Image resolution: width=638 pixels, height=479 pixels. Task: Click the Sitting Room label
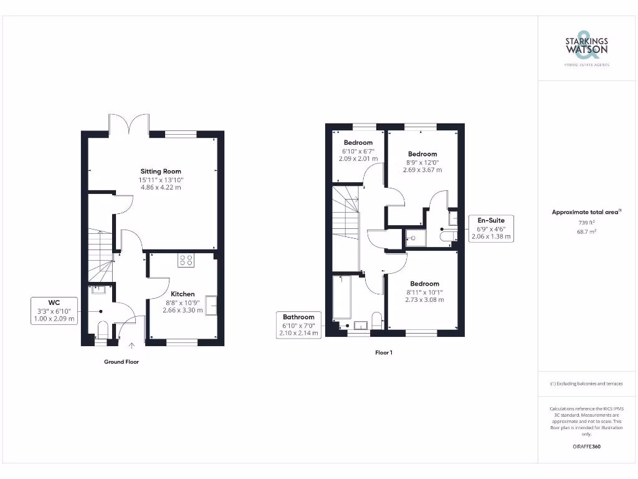tap(160, 172)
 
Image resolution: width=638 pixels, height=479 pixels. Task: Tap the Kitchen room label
tap(183, 294)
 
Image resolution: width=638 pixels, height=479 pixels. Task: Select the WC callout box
tap(54, 310)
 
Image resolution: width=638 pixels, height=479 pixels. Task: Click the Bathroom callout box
tap(299, 325)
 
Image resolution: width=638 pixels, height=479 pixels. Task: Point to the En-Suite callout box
tap(491, 228)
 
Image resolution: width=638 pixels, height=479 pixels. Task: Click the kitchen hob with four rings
tap(185, 259)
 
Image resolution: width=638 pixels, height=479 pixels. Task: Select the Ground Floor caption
tap(121, 362)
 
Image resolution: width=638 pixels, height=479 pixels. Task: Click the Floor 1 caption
tap(384, 353)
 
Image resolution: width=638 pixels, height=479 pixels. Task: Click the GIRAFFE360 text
tap(586, 447)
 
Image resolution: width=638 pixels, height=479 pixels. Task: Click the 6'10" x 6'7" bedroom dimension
tap(358, 151)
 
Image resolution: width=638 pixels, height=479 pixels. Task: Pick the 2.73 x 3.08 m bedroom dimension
tap(424, 300)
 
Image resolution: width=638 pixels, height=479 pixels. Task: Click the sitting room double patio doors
tap(128, 123)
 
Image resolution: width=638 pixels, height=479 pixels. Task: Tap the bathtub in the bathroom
tap(341, 296)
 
